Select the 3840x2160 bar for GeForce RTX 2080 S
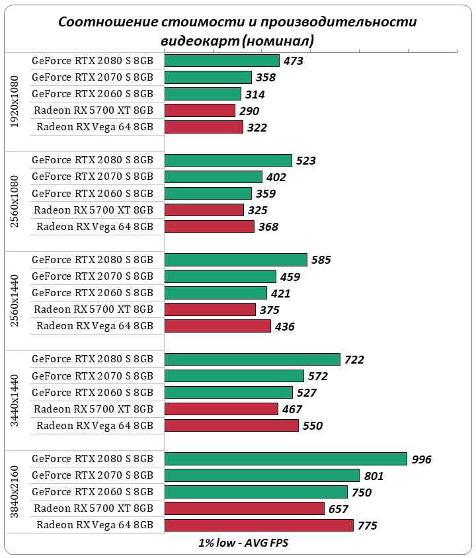[x=286, y=459]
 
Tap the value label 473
[x=293, y=61]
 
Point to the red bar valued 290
[x=200, y=110]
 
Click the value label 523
[x=305, y=161]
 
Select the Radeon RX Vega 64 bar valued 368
[x=209, y=227]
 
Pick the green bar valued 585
[x=235, y=260]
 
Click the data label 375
[x=269, y=310]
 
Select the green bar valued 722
[x=252, y=359]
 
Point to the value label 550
[x=312, y=426]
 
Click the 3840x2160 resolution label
[x=15, y=492]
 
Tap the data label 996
[x=420, y=459]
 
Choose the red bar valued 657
[x=244, y=508]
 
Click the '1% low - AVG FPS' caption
[x=243, y=543]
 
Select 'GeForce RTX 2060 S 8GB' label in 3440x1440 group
[x=93, y=392]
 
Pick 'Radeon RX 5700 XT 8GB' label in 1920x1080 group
[x=93, y=110]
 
